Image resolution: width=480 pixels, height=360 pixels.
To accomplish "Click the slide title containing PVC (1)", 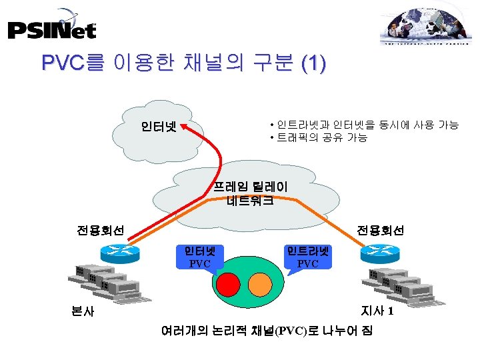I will pos(183,64).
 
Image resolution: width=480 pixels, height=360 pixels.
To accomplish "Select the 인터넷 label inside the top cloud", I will pos(158,126).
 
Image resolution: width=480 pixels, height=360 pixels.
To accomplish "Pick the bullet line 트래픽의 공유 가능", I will pos(319,138).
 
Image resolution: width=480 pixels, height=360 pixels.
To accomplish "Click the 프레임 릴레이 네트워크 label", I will pos(250,193).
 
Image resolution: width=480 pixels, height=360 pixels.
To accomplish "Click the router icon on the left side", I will pos(114,252).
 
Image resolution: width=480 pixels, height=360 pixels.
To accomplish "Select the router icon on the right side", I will pos(377,253).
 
